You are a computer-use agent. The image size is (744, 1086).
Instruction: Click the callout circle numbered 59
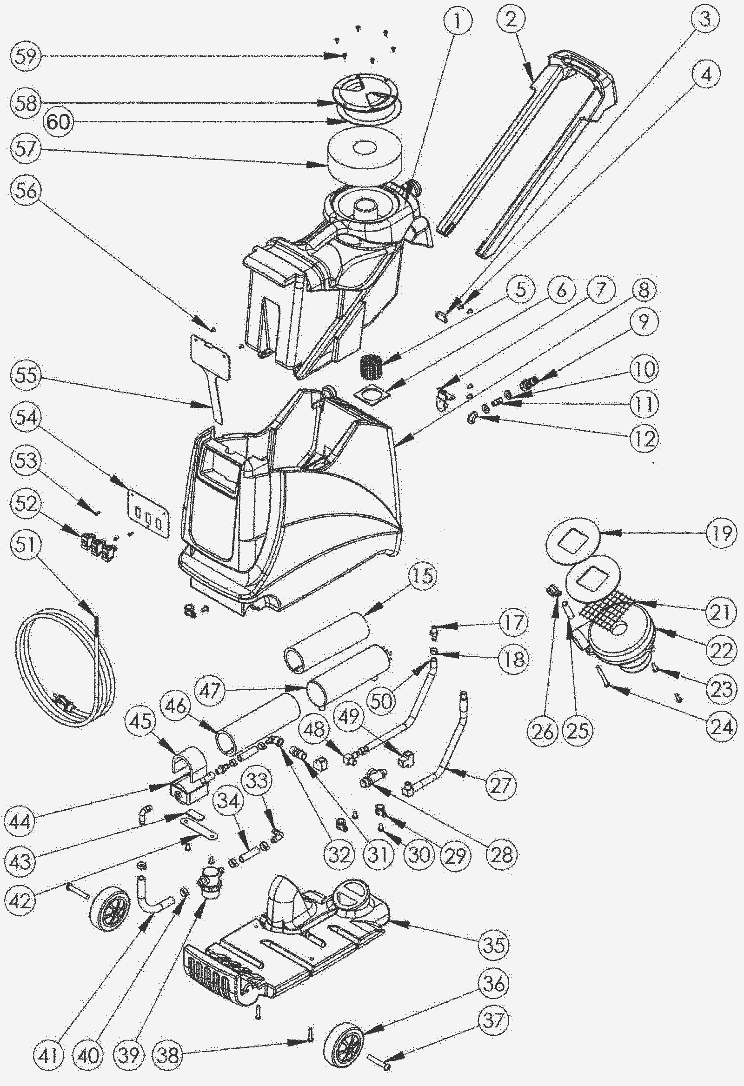(x=26, y=57)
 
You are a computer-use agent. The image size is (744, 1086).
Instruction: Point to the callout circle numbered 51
(x=26, y=545)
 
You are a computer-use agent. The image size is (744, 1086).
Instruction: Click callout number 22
(x=721, y=649)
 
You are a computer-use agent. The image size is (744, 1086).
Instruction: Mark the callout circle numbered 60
(x=59, y=122)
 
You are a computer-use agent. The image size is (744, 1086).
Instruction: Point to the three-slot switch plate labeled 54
(x=148, y=515)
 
